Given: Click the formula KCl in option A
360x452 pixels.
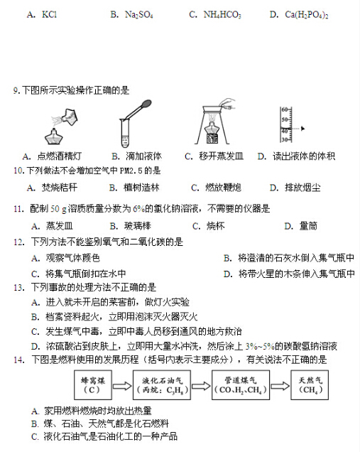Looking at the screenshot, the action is pyautogui.click(x=50, y=14).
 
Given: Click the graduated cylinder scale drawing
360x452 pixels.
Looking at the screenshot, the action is pyautogui.click(x=285, y=127).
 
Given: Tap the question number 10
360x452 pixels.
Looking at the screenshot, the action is pyautogui.click(x=18, y=171).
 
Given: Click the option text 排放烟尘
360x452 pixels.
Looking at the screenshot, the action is pyautogui.click(x=302, y=188).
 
